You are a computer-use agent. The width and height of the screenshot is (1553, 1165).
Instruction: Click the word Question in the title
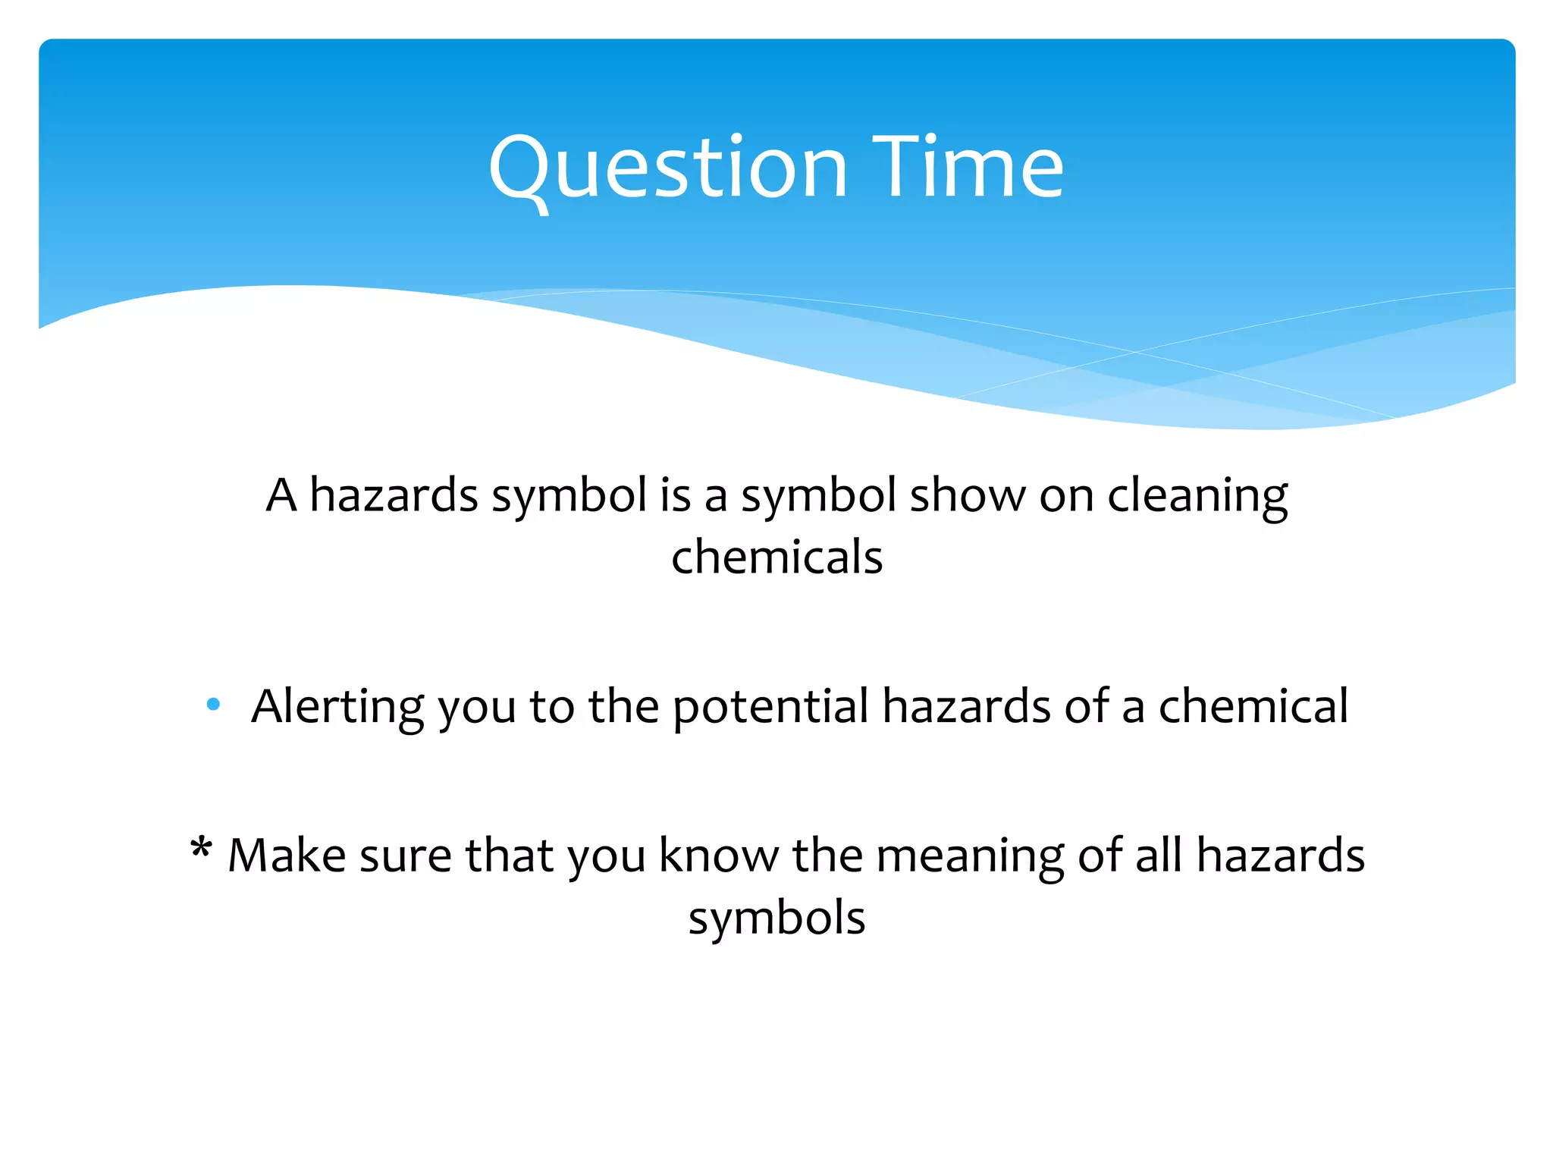click(667, 168)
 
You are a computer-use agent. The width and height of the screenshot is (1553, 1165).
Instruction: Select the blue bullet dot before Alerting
click(213, 705)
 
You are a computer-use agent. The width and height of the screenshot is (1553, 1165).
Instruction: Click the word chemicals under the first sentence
click(776, 557)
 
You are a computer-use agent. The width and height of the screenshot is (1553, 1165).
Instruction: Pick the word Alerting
click(337, 707)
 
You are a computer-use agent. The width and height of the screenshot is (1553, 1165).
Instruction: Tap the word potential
click(770, 707)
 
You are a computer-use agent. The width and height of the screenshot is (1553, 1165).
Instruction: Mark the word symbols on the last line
click(776, 918)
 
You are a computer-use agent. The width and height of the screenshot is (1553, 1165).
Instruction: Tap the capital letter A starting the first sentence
click(281, 496)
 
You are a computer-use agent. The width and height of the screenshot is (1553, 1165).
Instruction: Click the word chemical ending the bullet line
click(1253, 707)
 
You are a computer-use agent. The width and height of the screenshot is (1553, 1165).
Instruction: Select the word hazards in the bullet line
click(966, 707)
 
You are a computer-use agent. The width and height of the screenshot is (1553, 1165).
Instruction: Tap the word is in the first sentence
click(675, 496)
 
